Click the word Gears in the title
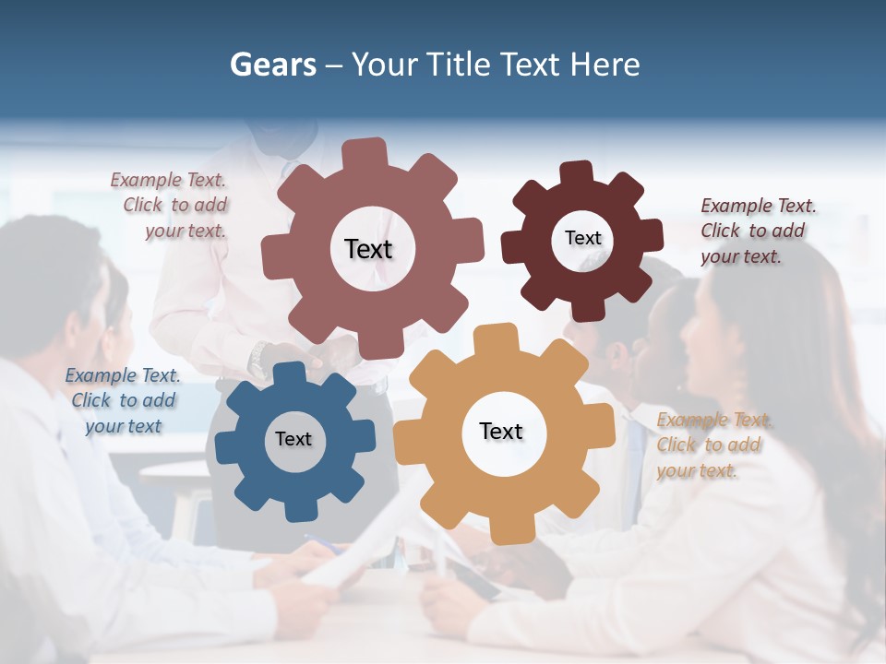(x=272, y=65)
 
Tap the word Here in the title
(x=605, y=65)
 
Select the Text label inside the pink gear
(x=368, y=249)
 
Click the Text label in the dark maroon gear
(x=582, y=238)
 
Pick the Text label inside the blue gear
(x=293, y=439)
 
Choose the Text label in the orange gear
(x=501, y=431)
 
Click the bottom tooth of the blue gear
(x=297, y=507)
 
